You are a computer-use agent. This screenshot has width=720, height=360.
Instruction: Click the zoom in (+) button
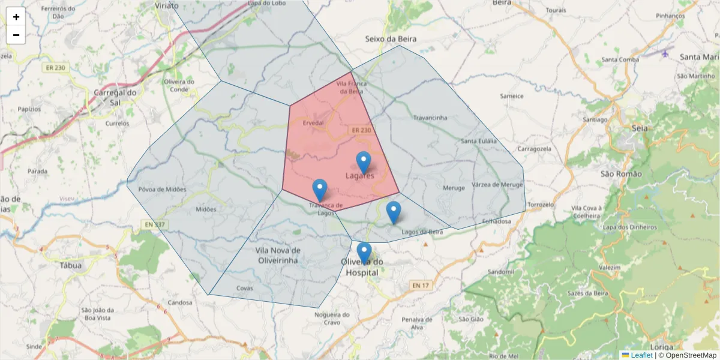click(x=16, y=17)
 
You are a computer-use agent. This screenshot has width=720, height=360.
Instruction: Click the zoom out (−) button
click(x=16, y=35)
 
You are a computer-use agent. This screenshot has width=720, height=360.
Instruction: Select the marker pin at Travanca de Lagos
click(x=320, y=190)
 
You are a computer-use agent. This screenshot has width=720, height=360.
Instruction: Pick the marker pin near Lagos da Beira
click(x=394, y=212)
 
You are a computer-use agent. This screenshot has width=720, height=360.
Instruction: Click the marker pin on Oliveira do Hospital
click(x=364, y=252)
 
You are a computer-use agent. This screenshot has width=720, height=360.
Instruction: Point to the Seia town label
click(x=640, y=128)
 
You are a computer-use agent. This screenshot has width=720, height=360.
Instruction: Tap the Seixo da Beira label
click(x=391, y=39)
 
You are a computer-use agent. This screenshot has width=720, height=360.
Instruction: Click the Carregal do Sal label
click(x=116, y=97)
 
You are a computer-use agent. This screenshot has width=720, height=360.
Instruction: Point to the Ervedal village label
click(x=313, y=122)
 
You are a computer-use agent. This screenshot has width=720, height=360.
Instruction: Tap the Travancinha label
click(x=430, y=118)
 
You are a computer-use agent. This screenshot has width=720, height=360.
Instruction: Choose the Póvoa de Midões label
click(x=162, y=190)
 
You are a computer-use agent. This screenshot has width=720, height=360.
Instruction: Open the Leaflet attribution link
click(x=641, y=355)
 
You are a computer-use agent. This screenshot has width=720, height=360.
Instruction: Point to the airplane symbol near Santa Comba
click(x=665, y=53)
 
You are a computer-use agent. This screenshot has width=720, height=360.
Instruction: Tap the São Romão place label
click(x=621, y=174)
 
